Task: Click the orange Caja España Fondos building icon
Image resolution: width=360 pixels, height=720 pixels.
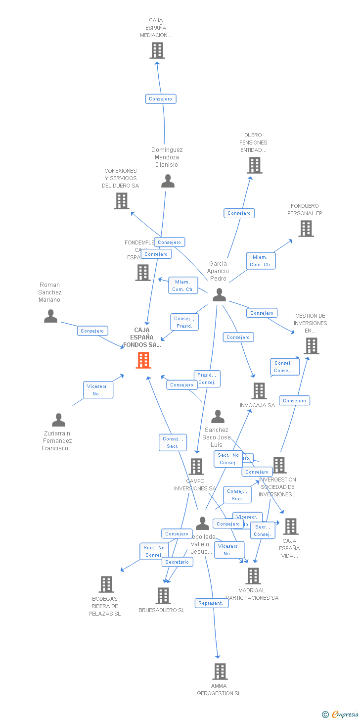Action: (x=143, y=360)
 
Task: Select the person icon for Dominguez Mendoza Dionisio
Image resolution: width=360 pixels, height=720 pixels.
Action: (x=168, y=181)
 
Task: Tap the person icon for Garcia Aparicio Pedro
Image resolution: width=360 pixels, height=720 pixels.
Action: (x=219, y=295)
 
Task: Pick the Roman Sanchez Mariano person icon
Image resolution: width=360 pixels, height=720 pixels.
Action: (x=50, y=316)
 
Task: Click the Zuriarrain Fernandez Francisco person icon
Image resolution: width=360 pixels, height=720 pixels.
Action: (x=58, y=420)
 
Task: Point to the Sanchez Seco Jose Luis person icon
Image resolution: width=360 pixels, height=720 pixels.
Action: (x=218, y=417)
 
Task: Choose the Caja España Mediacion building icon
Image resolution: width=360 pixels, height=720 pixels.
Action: (x=157, y=50)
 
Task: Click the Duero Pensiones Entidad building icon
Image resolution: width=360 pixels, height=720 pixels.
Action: (x=254, y=165)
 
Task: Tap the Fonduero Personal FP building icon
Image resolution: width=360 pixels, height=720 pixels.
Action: (x=306, y=229)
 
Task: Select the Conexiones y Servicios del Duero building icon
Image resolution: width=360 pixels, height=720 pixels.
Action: (x=122, y=201)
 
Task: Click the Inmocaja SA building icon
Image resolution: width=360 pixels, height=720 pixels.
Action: (x=259, y=391)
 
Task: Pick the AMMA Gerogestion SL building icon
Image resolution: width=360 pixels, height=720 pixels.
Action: (x=220, y=672)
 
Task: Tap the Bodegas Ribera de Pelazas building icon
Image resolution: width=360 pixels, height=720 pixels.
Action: (x=106, y=584)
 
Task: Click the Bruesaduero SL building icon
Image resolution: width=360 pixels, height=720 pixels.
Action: (x=163, y=596)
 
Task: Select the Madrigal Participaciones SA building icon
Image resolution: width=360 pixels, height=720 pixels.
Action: (x=253, y=576)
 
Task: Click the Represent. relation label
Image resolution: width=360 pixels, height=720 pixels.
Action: (x=211, y=603)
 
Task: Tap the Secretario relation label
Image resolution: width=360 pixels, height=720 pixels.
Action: (x=177, y=562)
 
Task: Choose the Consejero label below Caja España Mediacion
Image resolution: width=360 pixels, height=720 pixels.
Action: (x=161, y=99)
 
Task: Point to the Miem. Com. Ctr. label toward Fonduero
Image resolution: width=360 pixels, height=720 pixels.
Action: (x=261, y=261)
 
